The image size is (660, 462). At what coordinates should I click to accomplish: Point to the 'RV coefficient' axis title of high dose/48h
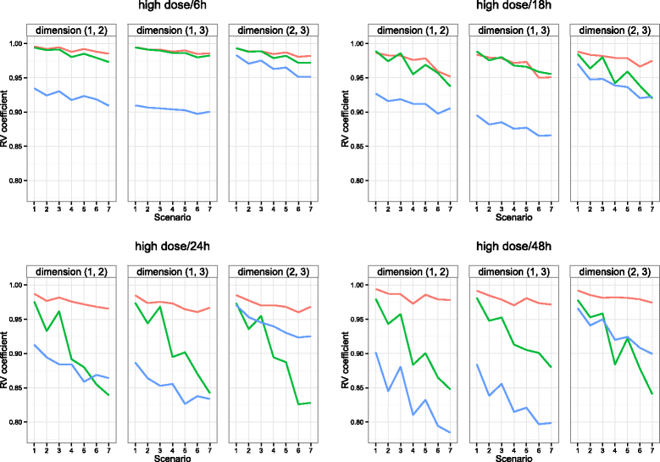341,354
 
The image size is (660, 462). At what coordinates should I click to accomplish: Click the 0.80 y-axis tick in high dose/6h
17,181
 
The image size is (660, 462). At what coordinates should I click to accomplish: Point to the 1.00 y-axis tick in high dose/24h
17,285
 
